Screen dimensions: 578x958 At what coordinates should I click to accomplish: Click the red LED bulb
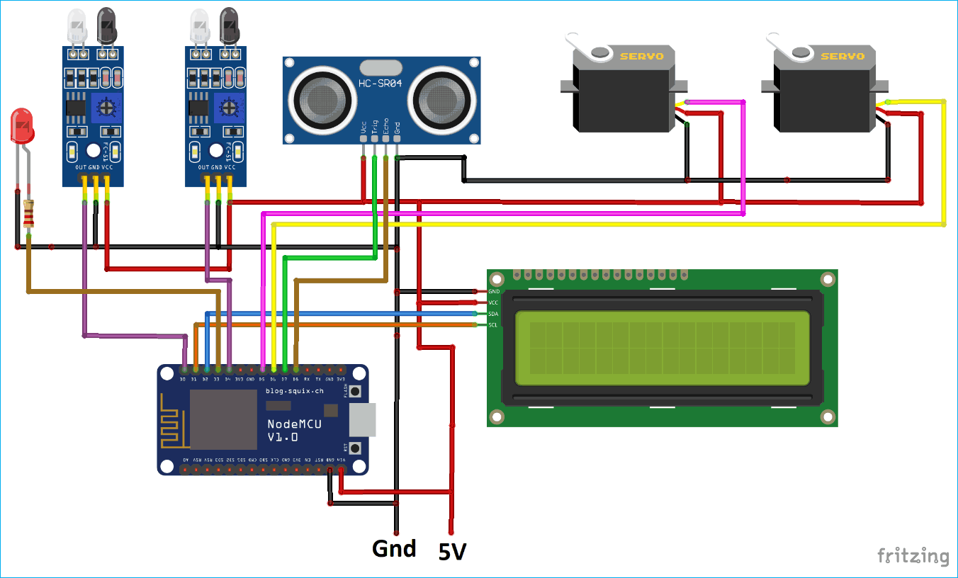click(23, 125)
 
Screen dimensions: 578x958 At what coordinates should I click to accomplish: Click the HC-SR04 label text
click(381, 84)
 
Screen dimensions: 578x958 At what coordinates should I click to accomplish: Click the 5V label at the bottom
click(451, 552)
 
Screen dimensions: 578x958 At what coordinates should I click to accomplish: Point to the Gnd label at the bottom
click(394, 548)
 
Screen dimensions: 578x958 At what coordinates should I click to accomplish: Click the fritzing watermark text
click(913, 556)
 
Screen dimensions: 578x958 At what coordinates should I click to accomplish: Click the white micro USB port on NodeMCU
click(362, 419)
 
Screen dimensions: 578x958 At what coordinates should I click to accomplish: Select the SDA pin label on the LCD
click(493, 314)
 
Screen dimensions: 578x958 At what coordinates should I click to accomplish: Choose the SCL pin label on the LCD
click(493, 325)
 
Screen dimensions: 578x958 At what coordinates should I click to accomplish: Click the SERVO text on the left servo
click(641, 56)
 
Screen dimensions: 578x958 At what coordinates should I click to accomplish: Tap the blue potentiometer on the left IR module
click(107, 107)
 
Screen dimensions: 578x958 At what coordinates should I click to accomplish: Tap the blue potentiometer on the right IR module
click(229, 107)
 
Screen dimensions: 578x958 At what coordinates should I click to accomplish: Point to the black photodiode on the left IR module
click(107, 25)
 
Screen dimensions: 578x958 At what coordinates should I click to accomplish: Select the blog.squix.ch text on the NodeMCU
click(294, 391)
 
